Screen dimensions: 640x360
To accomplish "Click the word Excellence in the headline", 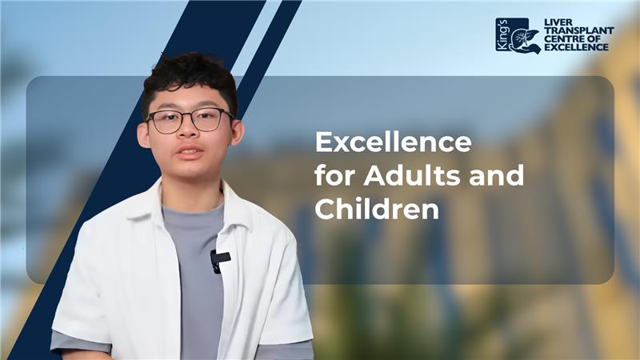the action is point(393,142).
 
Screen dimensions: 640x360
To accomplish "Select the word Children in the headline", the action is point(377,209).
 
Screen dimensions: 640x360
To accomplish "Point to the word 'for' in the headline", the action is point(335,175).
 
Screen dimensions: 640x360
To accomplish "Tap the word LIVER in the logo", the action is point(558,22).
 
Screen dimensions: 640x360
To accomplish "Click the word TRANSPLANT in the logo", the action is point(579,30).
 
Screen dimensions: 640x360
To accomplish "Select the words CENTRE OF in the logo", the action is point(573,38).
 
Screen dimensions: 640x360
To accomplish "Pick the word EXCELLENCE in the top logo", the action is point(576,47).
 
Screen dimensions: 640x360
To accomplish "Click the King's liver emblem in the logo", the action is point(518,35).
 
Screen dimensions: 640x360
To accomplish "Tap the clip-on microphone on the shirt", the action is point(219,261).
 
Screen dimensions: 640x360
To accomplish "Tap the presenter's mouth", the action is point(190,153).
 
